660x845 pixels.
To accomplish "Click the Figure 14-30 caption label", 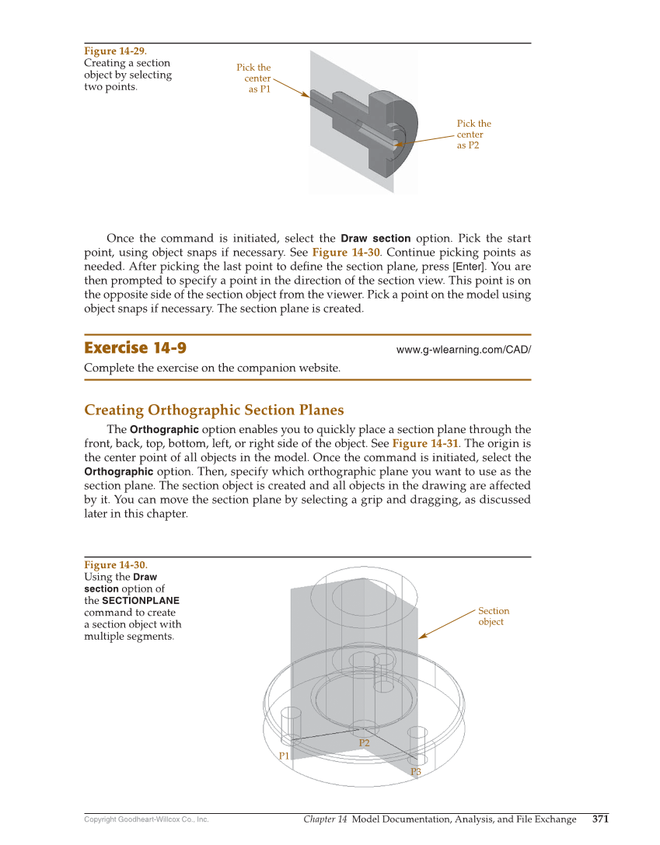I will click(115, 565).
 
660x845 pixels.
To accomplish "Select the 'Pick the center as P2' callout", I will click(473, 134).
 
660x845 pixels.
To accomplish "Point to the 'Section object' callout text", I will click(493, 616).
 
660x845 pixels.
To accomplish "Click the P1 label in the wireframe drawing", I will click(284, 756).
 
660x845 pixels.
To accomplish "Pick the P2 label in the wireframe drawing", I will click(364, 743).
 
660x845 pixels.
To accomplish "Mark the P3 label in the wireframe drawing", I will click(416, 772).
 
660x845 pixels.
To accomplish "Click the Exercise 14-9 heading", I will click(135, 347).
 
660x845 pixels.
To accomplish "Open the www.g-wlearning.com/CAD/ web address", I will click(463, 350).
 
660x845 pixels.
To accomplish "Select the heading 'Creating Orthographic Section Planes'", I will click(214, 410).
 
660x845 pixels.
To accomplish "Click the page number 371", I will click(600, 819).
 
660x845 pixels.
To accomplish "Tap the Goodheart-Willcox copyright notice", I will click(146, 819).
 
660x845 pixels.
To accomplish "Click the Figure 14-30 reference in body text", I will click(345, 253).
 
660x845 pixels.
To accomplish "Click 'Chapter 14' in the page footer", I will click(325, 819).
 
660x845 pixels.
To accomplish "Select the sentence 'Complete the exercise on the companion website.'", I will click(211, 368).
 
